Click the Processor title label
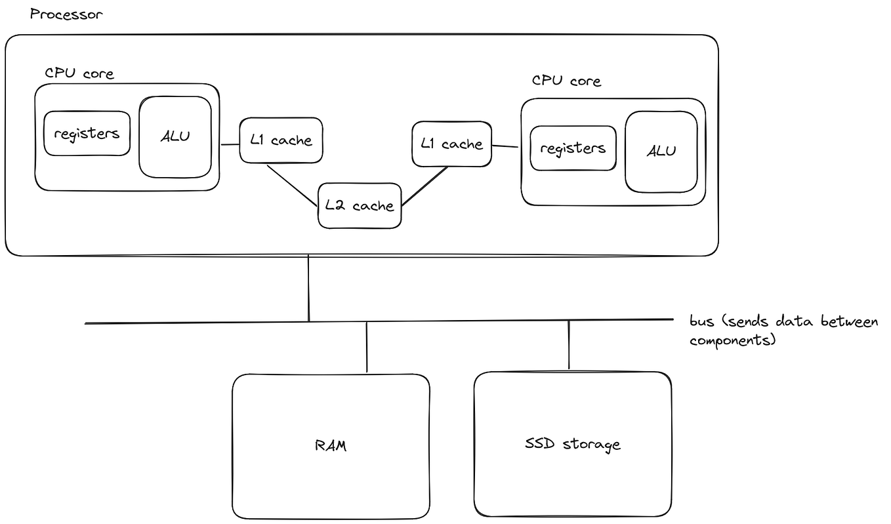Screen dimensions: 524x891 point(66,14)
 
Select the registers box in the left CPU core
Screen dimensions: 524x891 point(87,133)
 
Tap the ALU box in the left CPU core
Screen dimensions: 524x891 point(175,137)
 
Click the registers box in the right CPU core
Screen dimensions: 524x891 point(573,148)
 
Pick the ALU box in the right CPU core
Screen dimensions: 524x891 point(661,151)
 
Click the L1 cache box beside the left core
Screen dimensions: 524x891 point(281,140)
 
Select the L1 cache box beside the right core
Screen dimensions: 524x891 point(451,144)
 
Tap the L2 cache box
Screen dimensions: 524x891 point(360,206)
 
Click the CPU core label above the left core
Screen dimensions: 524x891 point(79,73)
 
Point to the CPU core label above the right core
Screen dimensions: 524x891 point(566,81)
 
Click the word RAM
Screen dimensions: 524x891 point(331,446)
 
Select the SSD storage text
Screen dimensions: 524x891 point(572,444)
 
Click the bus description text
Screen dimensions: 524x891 point(783,331)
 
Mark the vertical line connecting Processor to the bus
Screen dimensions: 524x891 point(308,289)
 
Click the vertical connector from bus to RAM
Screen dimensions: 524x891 point(367,348)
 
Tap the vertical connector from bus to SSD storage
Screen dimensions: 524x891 point(569,345)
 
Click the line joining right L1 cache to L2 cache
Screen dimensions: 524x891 point(425,186)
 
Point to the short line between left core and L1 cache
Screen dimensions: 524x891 point(229,144)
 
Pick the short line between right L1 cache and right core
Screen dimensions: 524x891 point(506,146)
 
